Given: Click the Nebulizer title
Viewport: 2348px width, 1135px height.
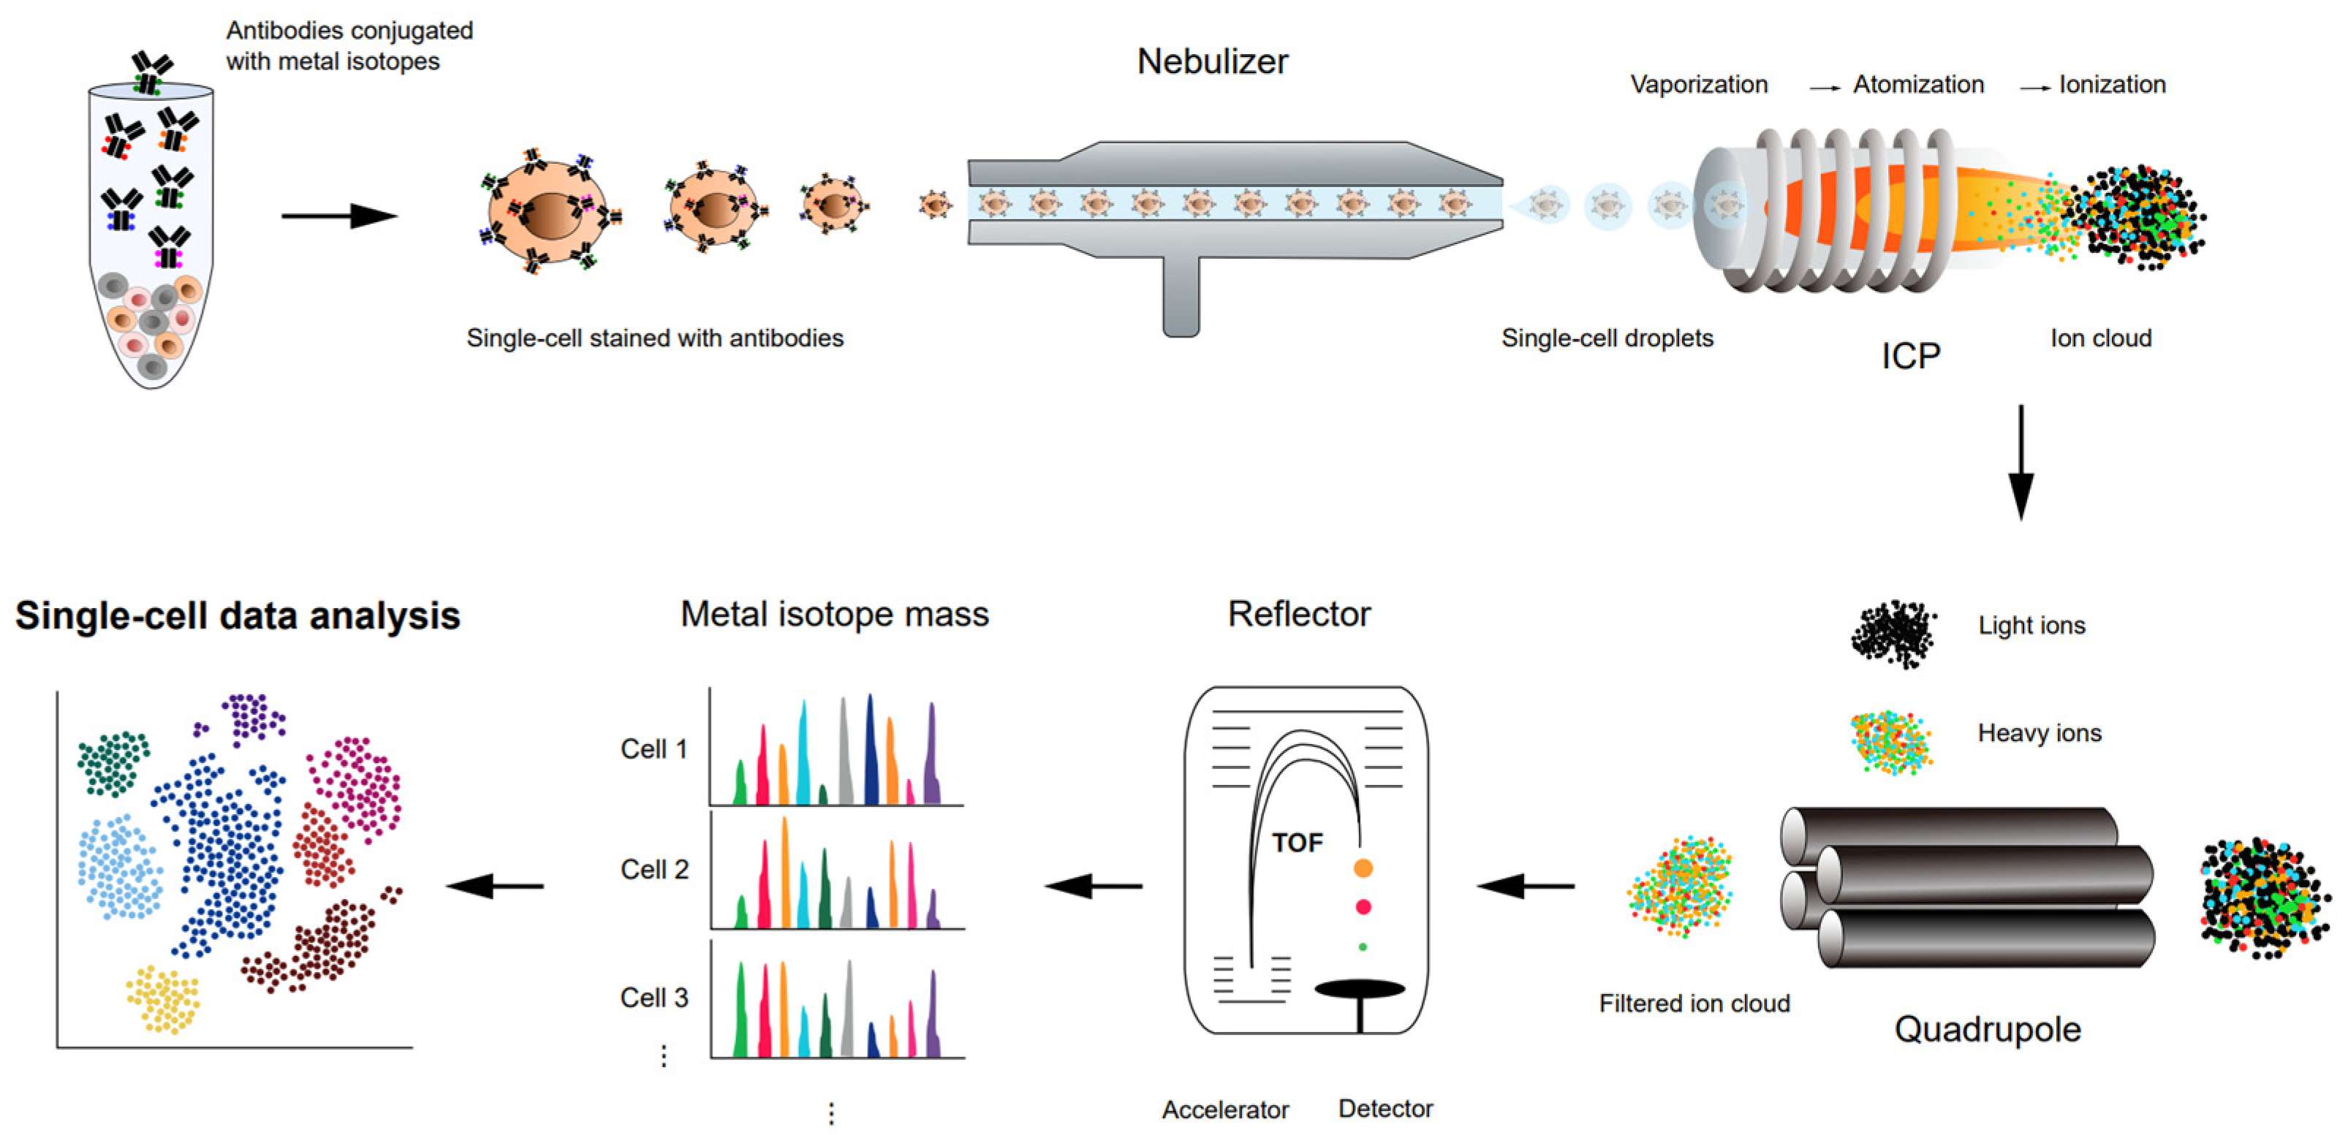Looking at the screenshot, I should click(x=1211, y=62).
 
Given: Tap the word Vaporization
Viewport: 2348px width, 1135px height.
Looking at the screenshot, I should click(x=1698, y=85).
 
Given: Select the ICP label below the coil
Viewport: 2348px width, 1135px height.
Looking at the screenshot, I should click(x=1910, y=355).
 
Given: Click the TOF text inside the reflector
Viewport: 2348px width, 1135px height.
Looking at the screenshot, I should click(x=1297, y=843).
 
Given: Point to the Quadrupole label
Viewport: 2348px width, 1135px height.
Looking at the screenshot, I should click(x=1987, y=1029).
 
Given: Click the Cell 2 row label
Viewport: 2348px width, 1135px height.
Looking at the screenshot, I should click(x=654, y=870).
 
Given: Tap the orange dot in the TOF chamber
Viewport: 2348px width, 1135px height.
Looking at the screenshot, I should click(x=1363, y=868).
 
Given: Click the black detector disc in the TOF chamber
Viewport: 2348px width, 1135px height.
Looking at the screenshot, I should click(x=1359, y=989).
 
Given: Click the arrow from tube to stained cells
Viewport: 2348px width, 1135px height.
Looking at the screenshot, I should click(x=339, y=216).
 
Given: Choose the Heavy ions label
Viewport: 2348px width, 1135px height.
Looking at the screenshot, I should click(x=2039, y=733).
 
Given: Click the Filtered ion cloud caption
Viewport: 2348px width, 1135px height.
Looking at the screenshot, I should click(x=1694, y=1003).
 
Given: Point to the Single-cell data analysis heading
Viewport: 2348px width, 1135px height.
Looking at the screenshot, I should click(x=238, y=615).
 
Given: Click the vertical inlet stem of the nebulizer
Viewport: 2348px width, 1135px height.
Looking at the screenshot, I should click(x=1181, y=296).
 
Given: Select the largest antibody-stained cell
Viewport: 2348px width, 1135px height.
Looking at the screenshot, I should click(x=547, y=215).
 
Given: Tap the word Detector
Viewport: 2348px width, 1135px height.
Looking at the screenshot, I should click(x=1385, y=1109).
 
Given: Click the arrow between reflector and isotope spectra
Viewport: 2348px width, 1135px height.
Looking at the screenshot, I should click(x=1094, y=885).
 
